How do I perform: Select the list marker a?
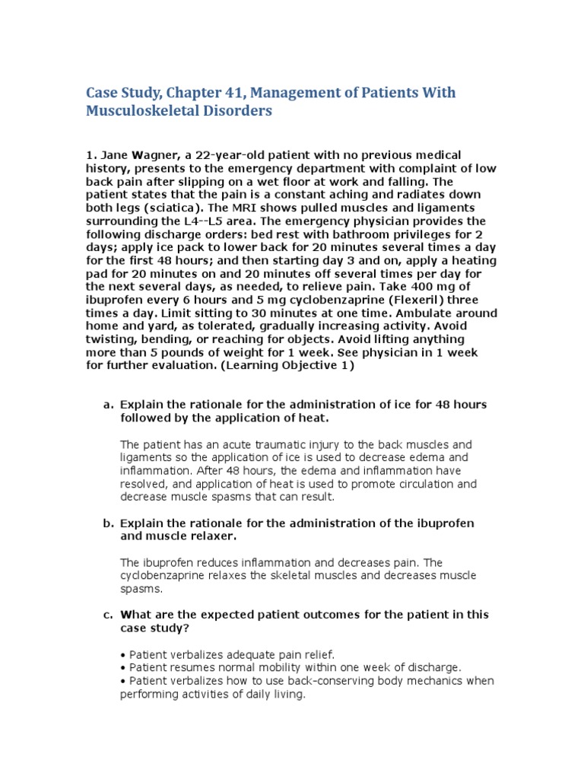(x=107, y=405)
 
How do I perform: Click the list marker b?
(x=107, y=523)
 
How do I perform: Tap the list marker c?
(x=107, y=615)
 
